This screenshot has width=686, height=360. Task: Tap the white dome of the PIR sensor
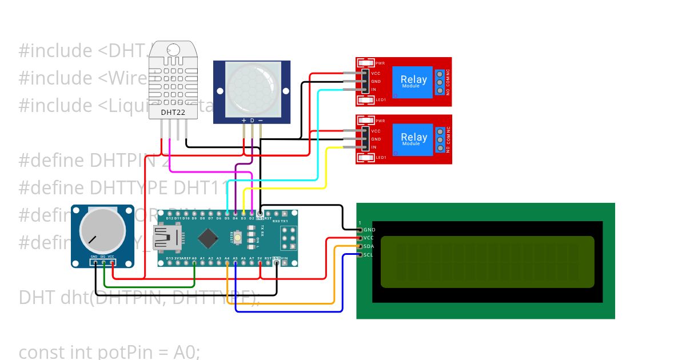tap(252, 88)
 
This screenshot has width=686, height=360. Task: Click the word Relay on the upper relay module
tap(413, 79)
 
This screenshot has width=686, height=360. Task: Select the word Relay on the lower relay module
tap(413, 137)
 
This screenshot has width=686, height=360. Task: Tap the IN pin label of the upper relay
tap(373, 90)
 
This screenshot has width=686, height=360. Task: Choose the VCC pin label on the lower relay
tap(376, 131)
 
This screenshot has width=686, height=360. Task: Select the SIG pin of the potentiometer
tap(103, 257)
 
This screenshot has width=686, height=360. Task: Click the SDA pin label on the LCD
tap(369, 246)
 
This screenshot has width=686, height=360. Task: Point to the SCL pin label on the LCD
tap(369, 254)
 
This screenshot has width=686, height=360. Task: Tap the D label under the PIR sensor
tap(252, 121)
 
